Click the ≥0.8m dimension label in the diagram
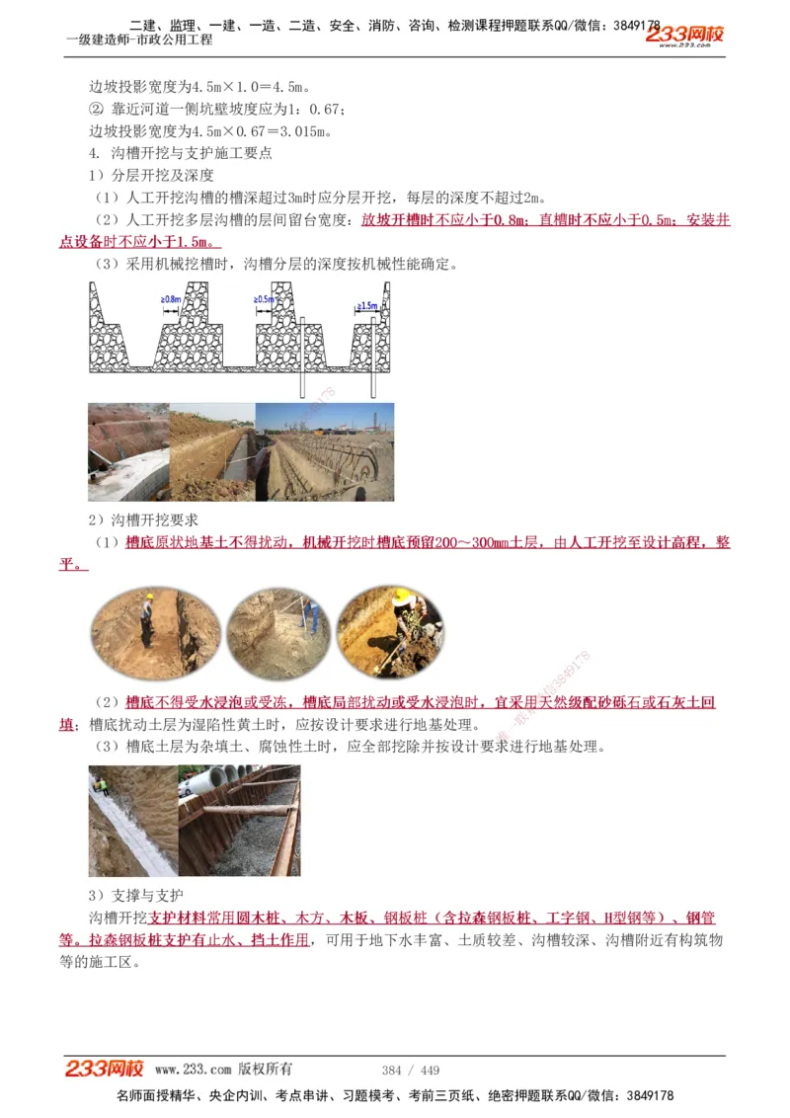[x=170, y=298]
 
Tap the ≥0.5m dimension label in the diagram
[x=265, y=298]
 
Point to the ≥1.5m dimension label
[x=367, y=306]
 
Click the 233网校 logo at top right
[x=685, y=36]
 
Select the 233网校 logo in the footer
[x=105, y=1069]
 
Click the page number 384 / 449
[x=411, y=1071]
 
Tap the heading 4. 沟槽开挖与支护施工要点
[x=181, y=153]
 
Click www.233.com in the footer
[x=193, y=1070]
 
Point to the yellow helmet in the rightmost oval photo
[x=401, y=597]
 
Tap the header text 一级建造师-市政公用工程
[x=139, y=40]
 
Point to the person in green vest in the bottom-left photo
[x=100, y=785]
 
